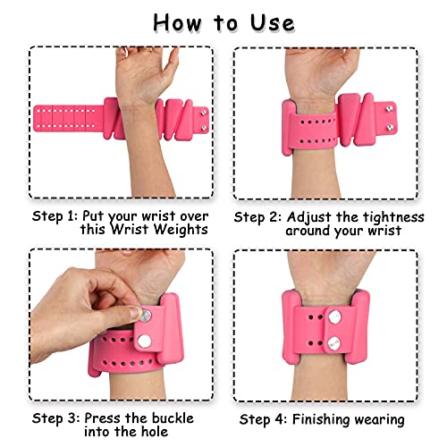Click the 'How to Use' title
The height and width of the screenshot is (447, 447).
[223, 21]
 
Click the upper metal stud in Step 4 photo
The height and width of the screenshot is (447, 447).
[329, 317]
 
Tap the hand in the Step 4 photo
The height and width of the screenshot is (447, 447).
[331, 268]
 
